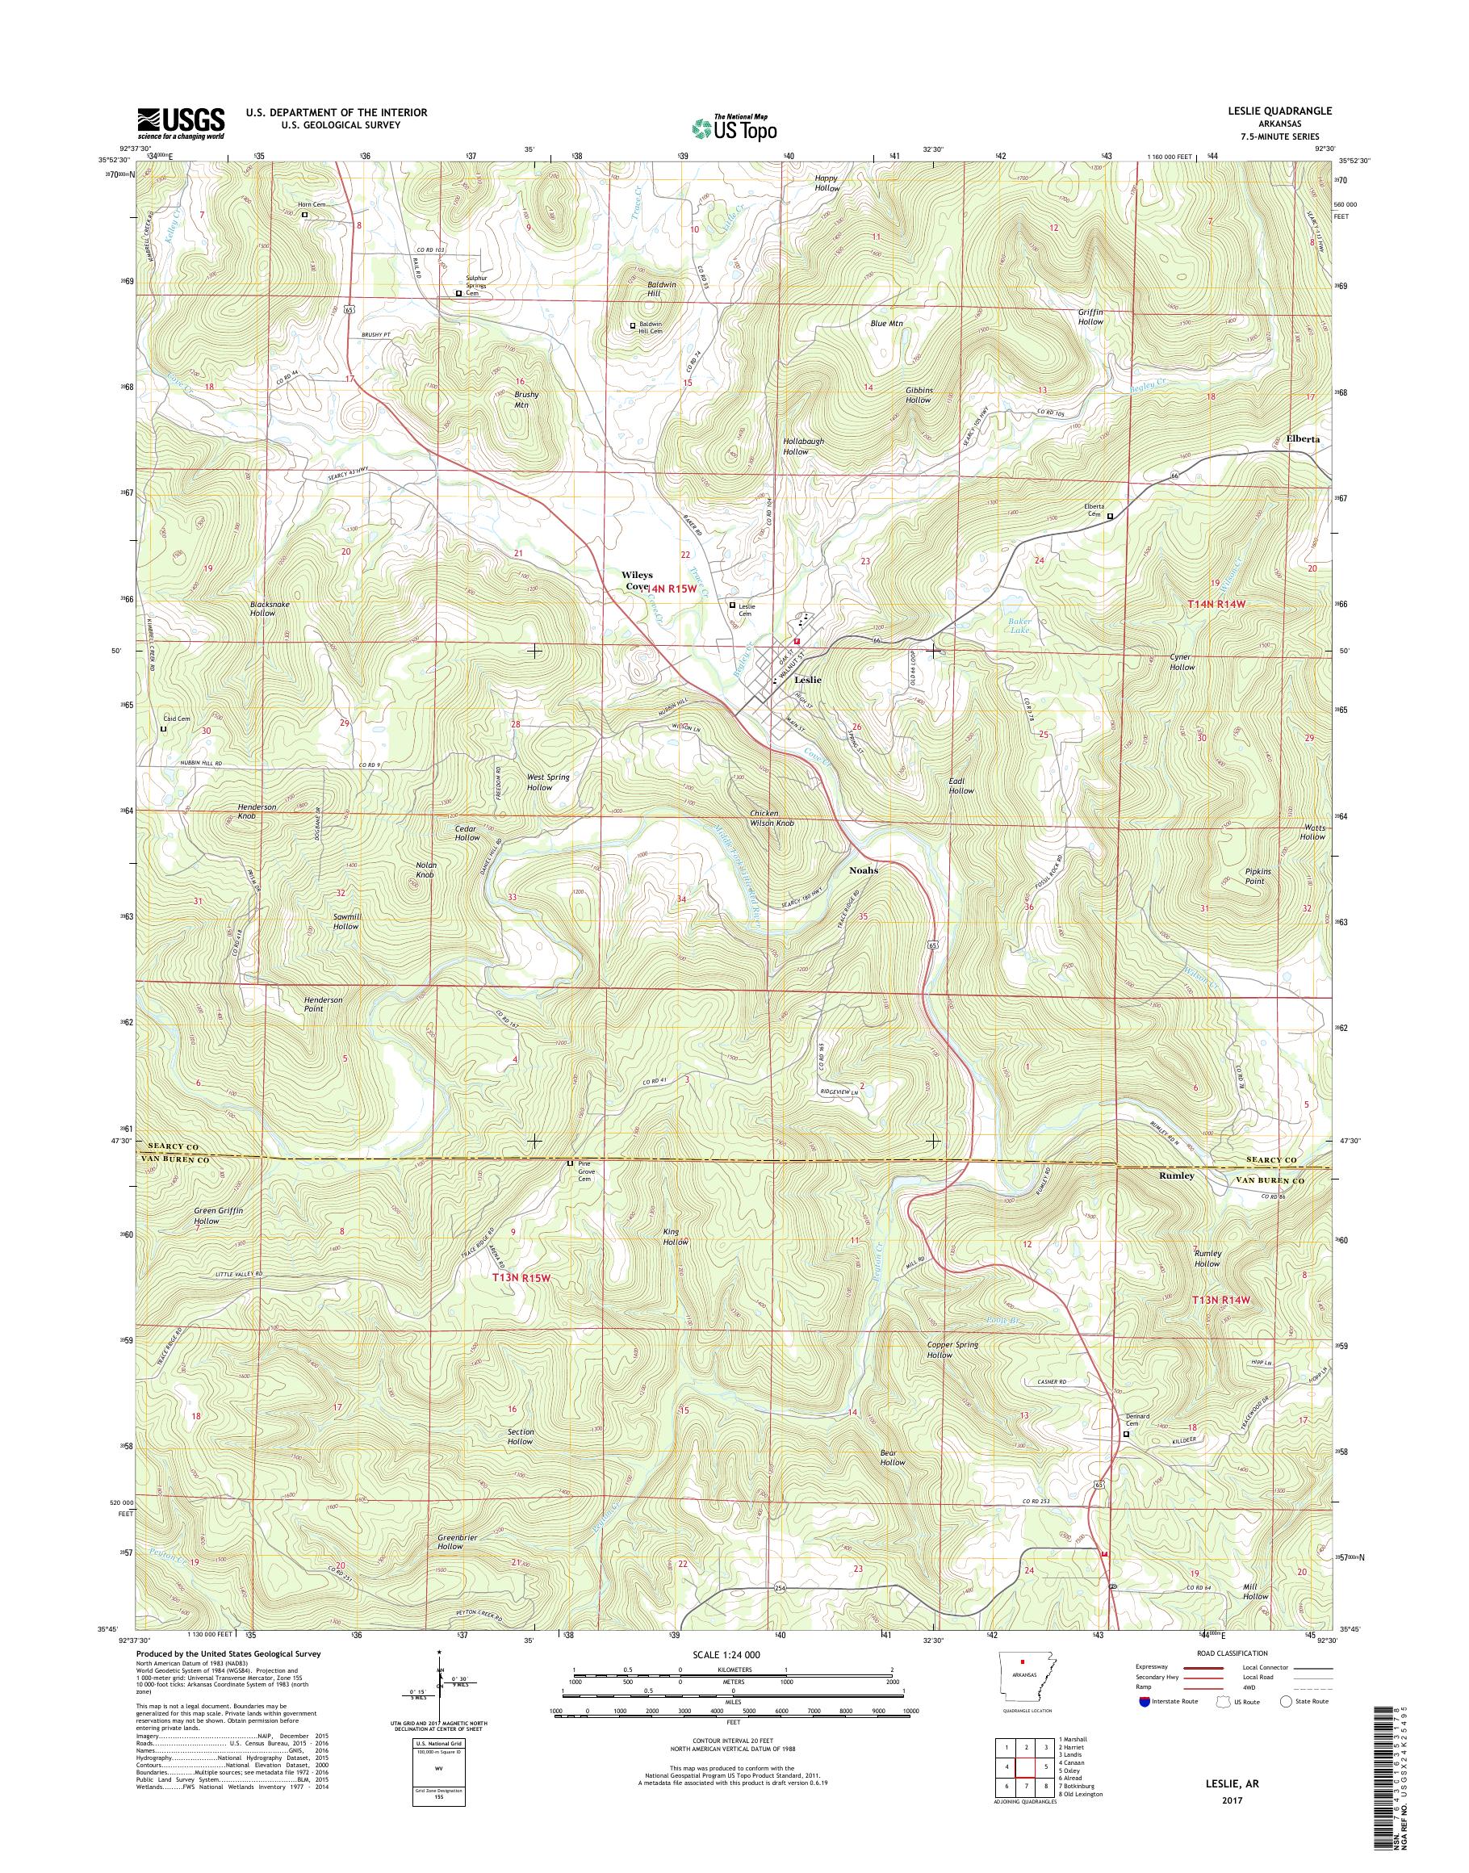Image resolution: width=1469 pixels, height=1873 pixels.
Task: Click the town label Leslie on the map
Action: [808, 680]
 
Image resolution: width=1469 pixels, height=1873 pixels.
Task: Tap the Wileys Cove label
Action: [638, 579]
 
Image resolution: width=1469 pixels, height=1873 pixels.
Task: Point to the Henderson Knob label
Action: [257, 811]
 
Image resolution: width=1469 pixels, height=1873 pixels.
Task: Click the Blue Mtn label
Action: [887, 325]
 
